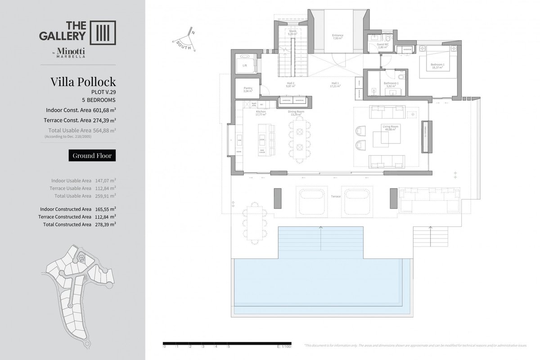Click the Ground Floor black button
tap(92, 156)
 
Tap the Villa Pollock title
tap(83, 82)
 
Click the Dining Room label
tap(297, 112)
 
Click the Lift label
tap(245, 65)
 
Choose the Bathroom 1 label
tap(391, 84)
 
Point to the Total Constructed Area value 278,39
tap(105, 224)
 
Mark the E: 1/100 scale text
tap(285, 346)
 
